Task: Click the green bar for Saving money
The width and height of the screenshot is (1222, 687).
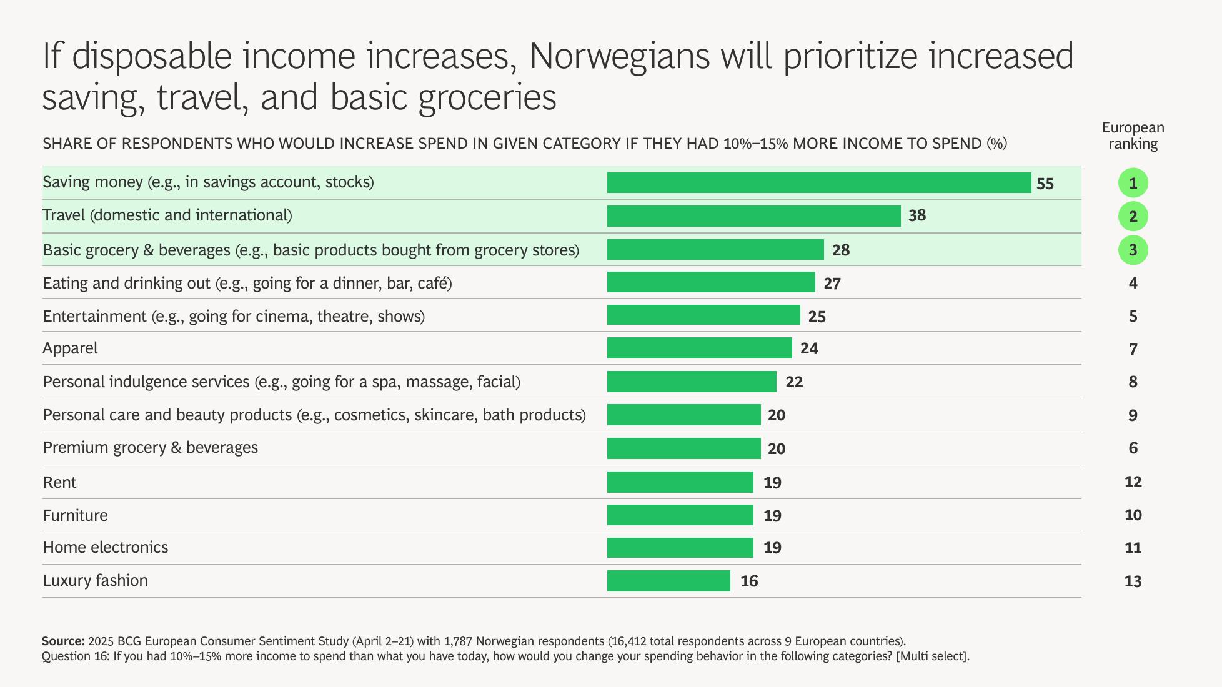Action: tap(818, 183)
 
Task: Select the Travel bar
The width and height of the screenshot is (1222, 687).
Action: tap(753, 216)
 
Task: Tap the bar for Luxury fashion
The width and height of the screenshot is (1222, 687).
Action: tap(668, 581)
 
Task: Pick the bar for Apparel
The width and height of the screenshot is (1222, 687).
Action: tap(699, 348)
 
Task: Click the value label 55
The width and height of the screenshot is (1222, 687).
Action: tap(1045, 184)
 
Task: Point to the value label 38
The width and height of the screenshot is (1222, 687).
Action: tap(916, 216)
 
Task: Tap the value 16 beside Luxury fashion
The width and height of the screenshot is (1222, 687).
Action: tap(748, 581)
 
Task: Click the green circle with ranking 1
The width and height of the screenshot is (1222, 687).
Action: tap(1133, 184)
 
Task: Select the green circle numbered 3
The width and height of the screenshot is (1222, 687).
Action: tap(1133, 250)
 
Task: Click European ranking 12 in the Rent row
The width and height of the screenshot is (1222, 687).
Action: tap(1133, 482)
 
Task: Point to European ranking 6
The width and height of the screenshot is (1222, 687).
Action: tap(1133, 448)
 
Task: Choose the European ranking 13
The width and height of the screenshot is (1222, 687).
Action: tap(1133, 581)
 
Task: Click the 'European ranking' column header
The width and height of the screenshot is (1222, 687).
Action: tap(1133, 136)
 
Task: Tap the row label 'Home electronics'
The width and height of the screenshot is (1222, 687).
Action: tap(106, 548)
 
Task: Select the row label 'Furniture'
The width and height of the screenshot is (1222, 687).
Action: tap(75, 515)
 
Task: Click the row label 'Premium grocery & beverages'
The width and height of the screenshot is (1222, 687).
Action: tap(150, 448)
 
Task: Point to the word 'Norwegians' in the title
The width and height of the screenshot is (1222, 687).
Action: tap(619, 56)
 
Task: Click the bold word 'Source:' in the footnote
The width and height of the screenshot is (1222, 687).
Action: tap(63, 641)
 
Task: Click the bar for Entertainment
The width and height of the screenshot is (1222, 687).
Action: tap(703, 315)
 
